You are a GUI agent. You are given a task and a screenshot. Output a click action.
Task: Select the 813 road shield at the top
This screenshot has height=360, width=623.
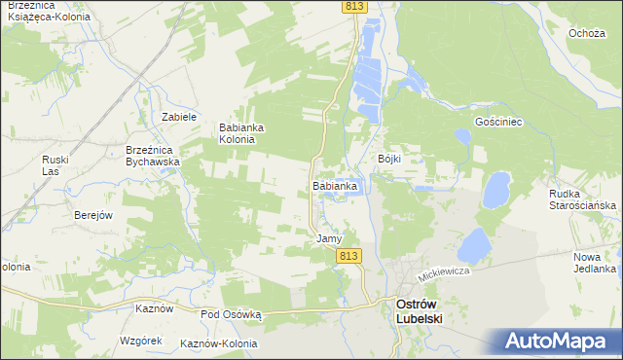[x=354, y=8]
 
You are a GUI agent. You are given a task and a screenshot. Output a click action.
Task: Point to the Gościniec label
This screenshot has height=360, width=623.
[x=499, y=122]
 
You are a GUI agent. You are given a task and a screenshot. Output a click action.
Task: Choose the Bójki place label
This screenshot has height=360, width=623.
[x=389, y=159]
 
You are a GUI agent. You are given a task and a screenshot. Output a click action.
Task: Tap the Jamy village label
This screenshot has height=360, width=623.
[x=329, y=238]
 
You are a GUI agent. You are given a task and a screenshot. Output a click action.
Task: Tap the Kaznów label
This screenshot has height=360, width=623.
[x=155, y=308]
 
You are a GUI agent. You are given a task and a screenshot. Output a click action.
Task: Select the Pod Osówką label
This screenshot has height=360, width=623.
[x=232, y=314]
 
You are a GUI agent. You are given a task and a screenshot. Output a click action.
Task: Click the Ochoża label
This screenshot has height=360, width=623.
[x=588, y=33]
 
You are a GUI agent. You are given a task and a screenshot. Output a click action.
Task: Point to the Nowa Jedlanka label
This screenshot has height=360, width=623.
[x=595, y=262]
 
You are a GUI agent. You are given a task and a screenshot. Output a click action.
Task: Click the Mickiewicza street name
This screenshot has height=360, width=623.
[x=445, y=275]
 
